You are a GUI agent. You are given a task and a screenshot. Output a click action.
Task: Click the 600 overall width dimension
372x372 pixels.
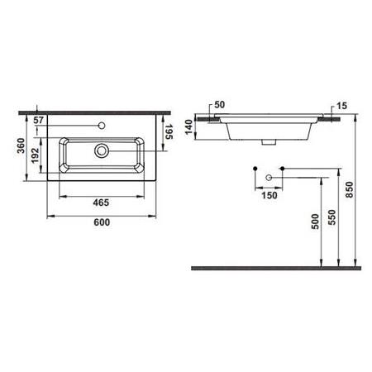click(99, 222)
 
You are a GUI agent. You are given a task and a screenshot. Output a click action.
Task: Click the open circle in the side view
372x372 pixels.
click(269, 178)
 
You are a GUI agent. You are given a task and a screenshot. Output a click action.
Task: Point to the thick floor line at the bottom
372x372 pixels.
click(273, 268)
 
